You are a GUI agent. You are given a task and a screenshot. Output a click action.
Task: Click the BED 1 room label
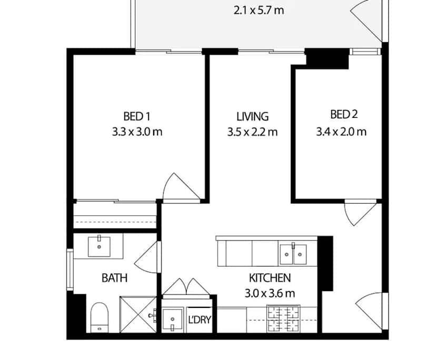pyautogui.click(x=137, y=116)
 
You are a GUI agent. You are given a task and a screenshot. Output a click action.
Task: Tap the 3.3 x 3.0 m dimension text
pyautogui.click(x=137, y=132)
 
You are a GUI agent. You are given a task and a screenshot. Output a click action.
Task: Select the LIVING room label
pyautogui.click(x=252, y=116)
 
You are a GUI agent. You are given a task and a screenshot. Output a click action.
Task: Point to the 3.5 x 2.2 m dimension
pyautogui.click(x=252, y=133)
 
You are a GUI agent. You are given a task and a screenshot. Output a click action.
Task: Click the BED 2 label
pyautogui.click(x=340, y=114)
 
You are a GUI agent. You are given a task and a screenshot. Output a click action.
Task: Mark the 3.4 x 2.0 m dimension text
pyautogui.click(x=341, y=132)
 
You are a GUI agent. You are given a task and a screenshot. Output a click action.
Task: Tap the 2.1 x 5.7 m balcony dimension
pyautogui.click(x=259, y=9)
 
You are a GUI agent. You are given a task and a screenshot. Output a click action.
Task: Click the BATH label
pyautogui.click(x=114, y=277)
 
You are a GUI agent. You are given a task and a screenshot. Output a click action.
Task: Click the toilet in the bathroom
pyautogui.click(x=99, y=317)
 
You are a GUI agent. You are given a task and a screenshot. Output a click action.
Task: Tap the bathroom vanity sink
pyautogui.click(x=98, y=245)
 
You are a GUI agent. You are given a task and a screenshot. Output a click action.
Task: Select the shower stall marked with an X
pyautogui.click(x=138, y=315)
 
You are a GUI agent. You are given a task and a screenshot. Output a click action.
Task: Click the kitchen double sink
pyautogui.click(x=292, y=254)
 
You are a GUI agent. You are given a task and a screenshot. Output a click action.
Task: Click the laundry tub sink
pyautogui.click(x=172, y=319)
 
